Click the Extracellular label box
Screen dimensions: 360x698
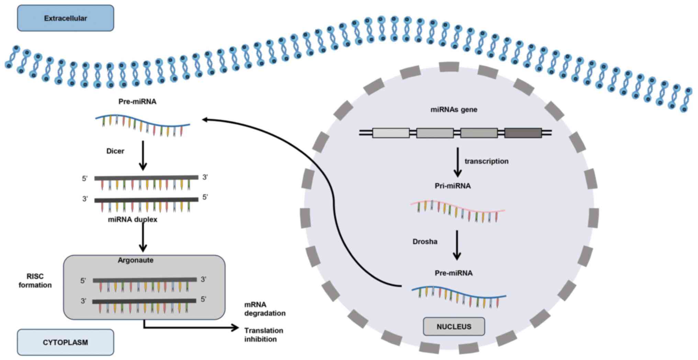click(x=65, y=18)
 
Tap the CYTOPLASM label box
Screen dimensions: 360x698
click(x=65, y=342)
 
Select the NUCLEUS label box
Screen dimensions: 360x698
click(x=454, y=326)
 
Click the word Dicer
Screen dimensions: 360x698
click(x=115, y=151)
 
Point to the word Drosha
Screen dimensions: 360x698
click(x=425, y=241)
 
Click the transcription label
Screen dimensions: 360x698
click(x=486, y=161)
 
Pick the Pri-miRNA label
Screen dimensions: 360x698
click(x=453, y=186)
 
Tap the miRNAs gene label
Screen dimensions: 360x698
click(x=454, y=110)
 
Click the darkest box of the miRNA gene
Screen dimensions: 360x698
click(x=523, y=133)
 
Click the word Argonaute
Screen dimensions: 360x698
click(x=135, y=260)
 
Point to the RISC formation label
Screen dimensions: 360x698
click(x=35, y=281)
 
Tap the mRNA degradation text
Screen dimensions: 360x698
click(x=265, y=309)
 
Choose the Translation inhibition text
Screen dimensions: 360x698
click(x=264, y=335)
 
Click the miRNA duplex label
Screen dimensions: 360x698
click(x=133, y=220)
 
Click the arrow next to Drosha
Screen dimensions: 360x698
click(x=457, y=245)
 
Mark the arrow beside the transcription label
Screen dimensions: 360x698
click(x=457, y=162)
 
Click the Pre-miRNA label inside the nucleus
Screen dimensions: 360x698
click(x=454, y=273)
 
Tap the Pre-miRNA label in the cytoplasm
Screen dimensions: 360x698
click(x=137, y=102)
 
